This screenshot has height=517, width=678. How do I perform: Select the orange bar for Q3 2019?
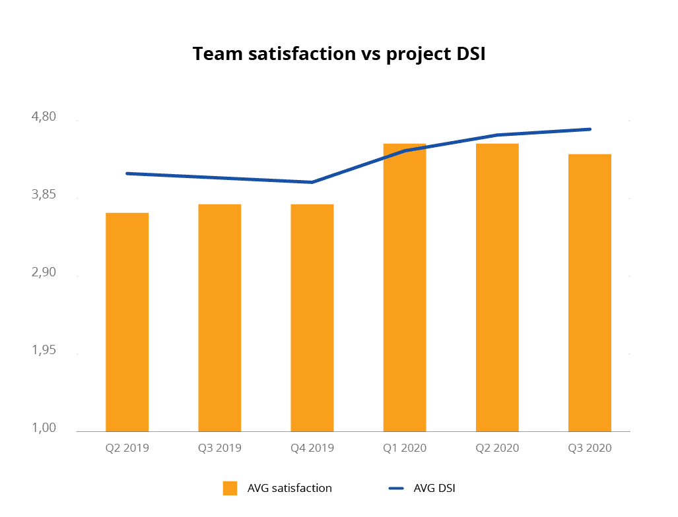click(220, 318)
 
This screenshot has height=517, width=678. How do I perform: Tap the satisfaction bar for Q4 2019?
click(312, 318)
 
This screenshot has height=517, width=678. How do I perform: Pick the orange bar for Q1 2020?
click(405, 288)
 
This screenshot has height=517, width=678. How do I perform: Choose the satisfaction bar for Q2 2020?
click(497, 288)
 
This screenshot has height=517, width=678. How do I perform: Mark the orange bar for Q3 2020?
click(590, 293)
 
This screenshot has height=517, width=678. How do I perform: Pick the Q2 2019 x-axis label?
click(127, 448)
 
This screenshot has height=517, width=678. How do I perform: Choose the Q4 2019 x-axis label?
click(312, 448)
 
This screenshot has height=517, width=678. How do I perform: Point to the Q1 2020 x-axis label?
click(405, 448)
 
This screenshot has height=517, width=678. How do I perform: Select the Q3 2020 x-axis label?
click(590, 448)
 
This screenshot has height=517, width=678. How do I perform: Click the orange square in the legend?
click(230, 489)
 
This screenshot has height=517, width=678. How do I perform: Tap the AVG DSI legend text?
click(434, 489)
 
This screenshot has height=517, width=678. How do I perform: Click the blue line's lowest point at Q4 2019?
click(312, 182)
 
